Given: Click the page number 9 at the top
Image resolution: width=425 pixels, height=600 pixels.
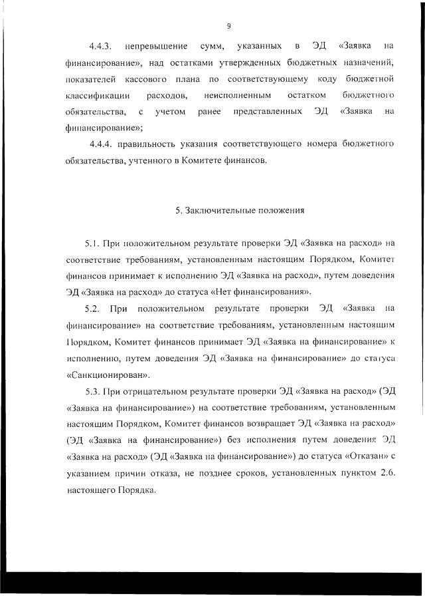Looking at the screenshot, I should (x=228, y=26).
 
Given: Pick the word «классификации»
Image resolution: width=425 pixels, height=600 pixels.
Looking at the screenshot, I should (x=94, y=95).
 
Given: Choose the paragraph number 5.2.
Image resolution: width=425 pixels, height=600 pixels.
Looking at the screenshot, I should (x=92, y=308).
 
